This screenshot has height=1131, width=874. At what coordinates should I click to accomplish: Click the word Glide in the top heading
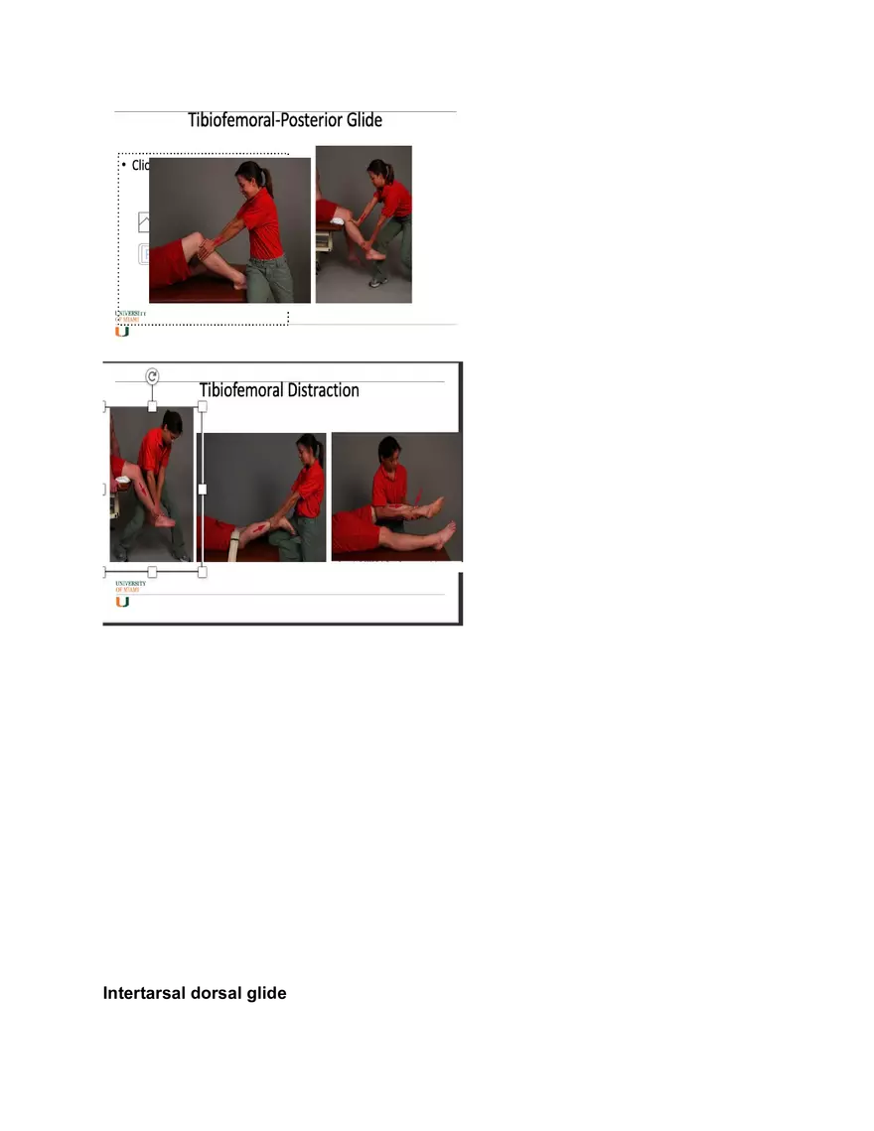(360, 120)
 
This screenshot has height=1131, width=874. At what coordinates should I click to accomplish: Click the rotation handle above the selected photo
(152, 376)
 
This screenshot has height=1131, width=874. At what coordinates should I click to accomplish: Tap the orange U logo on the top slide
(122, 332)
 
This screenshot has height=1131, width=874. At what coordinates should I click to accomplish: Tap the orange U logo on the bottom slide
(122, 602)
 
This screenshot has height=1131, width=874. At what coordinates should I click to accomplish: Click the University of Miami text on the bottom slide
(130, 586)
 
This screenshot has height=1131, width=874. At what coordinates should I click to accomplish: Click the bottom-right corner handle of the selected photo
(203, 572)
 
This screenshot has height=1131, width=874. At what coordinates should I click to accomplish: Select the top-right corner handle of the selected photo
(203, 406)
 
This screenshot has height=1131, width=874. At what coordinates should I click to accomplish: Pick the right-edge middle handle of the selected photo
(203, 489)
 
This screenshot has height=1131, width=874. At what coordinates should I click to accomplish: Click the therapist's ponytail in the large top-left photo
(266, 181)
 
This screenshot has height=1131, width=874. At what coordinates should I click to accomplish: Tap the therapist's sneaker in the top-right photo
(376, 282)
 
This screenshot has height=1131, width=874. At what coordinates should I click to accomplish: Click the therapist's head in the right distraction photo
(389, 449)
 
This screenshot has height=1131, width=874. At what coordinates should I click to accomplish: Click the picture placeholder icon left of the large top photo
(144, 222)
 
